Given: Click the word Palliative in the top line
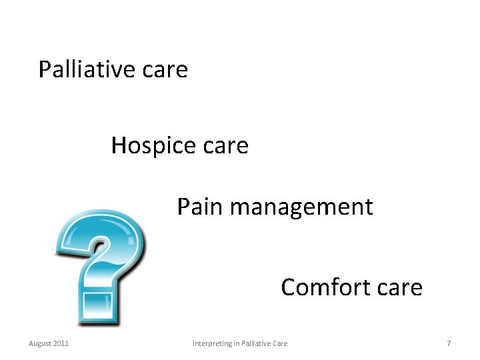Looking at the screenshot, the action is [84, 69].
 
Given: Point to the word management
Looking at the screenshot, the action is [301, 208].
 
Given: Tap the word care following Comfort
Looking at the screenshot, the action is [399, 288].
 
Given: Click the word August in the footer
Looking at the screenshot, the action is [39, 343].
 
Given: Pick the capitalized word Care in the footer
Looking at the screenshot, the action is [280, 343].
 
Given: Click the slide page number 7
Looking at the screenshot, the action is [449, 343].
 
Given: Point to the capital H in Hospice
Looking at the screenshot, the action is [119, 145].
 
